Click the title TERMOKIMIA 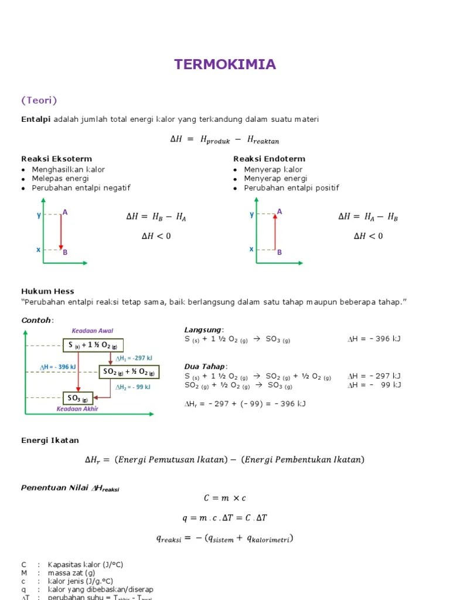tap(224, 64)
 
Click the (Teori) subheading tap(39, 100)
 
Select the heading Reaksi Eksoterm tap(56, 159)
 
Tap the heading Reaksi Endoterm tap(269, 159)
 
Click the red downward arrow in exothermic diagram tap(60, 231)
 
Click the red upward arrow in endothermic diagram tap(274, 231)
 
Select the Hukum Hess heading tap(47, 291)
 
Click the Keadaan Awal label tap(93, 331)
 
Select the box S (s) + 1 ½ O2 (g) tap(93, 345)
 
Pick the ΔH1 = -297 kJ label tap(134, 359)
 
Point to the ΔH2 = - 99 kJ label tap(133, 387)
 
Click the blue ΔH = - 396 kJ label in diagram tap(58, 367)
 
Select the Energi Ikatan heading tap(50, 440)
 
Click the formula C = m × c tap(224, 498)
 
